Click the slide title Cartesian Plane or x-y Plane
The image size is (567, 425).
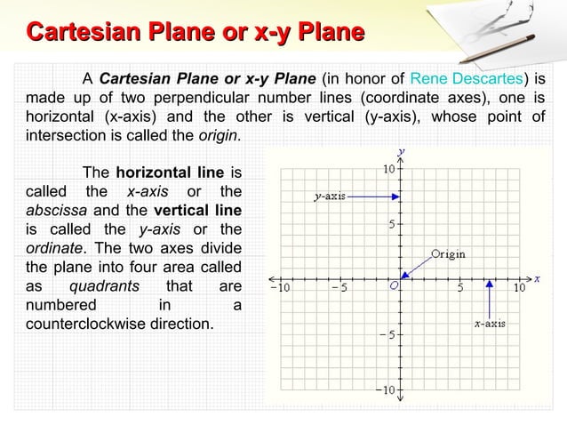click(x=196, y=33)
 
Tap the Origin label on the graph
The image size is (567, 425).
click(x=448, y=253)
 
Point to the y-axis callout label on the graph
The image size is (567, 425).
click(x=331, y=196)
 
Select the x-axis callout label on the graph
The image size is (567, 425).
click(x=490, y=324)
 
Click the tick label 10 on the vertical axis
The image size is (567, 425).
click(x=389, y=169)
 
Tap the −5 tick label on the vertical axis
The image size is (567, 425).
click(x=388, y=335)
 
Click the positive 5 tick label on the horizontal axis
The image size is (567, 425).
click(x=460, y=287)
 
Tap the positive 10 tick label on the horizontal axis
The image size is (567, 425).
click(x=520, y=287)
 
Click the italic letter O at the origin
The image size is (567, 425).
click(x=393, y=287)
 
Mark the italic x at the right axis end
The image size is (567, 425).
click(x=538, y=277)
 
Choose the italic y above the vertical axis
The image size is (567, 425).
click(x=402, y=150)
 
